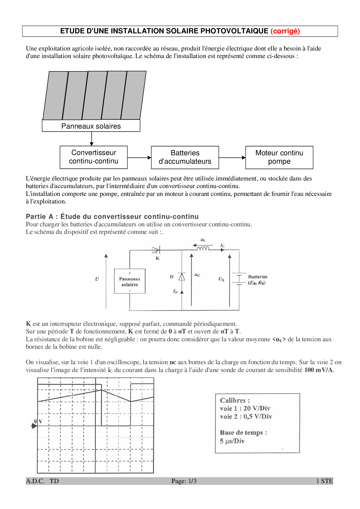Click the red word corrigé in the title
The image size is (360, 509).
point(285,31)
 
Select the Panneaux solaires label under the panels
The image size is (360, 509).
point(91,126)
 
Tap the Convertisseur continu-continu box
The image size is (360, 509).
point(93,157)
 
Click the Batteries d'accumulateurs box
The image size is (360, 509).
point(185,157)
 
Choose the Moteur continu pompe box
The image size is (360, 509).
point(279,157)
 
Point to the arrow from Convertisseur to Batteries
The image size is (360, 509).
point(139,158)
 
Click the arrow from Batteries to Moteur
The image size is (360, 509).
point(232,158)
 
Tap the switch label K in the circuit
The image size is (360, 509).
point(158,258)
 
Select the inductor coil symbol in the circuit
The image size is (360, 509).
point(203,249)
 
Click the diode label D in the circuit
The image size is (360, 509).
point(172,277)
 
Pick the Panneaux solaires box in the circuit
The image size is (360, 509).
point(129,281)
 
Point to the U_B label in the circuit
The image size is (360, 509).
point(221,279)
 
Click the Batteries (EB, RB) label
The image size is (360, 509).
point(258,280)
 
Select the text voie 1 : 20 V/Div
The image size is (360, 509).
point(245,408)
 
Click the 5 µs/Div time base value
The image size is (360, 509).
point(232,441)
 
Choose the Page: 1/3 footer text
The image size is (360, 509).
point(184,481)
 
